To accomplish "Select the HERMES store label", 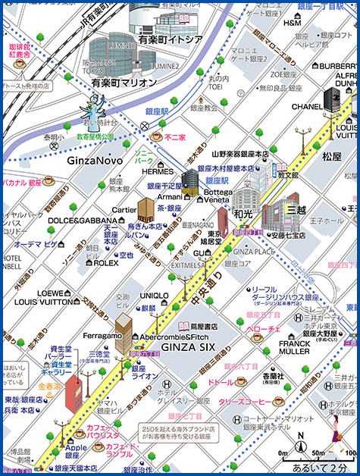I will click(x=158, y=171).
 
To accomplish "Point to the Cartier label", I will click(x=124, y=210).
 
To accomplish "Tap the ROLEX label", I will click(x=106, y=263).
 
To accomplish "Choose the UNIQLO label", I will click(x=154, y=295).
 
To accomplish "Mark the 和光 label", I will click(x=243, y=215).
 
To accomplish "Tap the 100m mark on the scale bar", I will click(x=351, y=453).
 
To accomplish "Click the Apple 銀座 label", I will click(x=76, y=452).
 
